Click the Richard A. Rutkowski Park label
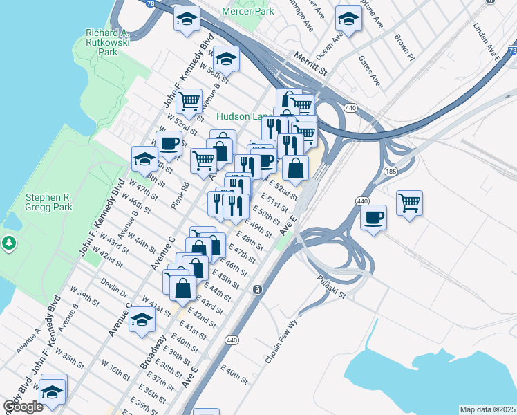(x=107, y=41)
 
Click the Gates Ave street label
(x=369, y=71)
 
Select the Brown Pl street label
(x=404, y=47)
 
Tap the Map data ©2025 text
(x=488, y=409)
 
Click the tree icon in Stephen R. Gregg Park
(x=9, y=243)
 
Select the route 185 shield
(x=391, y=169)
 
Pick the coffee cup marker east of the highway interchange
(x=374, y=218)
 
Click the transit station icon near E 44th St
(x=256, y=288)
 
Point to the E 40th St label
(x=235, y=377)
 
